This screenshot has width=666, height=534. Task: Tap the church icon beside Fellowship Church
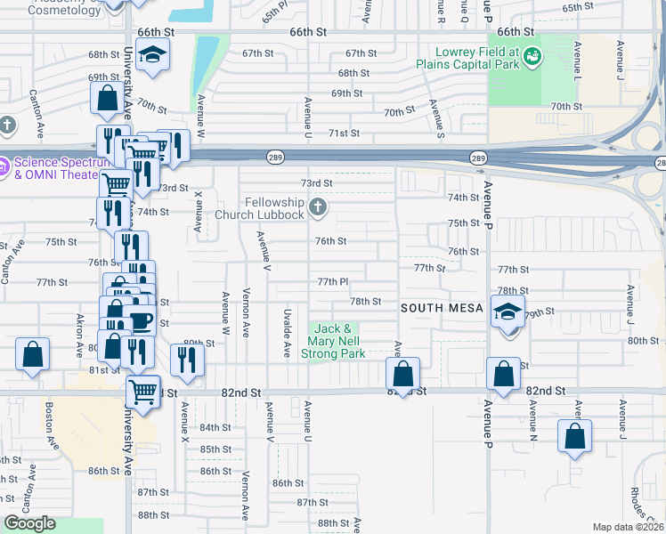(318, 209)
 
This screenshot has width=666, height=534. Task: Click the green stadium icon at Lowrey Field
(532, 58)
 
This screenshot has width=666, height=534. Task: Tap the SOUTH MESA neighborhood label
(441, 308)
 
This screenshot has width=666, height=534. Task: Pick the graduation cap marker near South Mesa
(508, 313)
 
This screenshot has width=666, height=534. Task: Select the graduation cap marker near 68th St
(153, 55)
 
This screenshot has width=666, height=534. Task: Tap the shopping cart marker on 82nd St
(142, 391)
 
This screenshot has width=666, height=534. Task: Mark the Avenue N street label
(533, 421)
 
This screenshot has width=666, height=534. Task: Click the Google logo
(28, 523)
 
